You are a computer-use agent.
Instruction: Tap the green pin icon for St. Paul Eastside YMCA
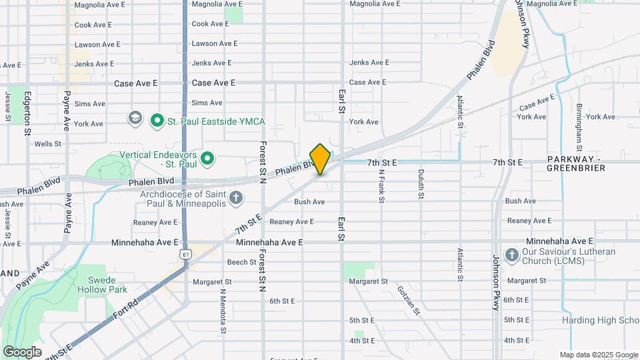coord(157,121)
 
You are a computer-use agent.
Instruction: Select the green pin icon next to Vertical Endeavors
coord(207,159)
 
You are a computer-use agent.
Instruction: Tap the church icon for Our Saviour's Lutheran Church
coord(511,255)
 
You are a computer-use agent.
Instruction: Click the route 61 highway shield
coord(185,255)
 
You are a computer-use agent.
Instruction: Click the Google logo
coord(22,351)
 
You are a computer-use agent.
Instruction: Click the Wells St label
coord(48,143)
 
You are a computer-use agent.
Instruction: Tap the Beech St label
coord(242,262)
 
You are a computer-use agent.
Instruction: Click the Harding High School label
coord(600,321)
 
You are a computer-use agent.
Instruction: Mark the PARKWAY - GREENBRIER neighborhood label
coord(576,164)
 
